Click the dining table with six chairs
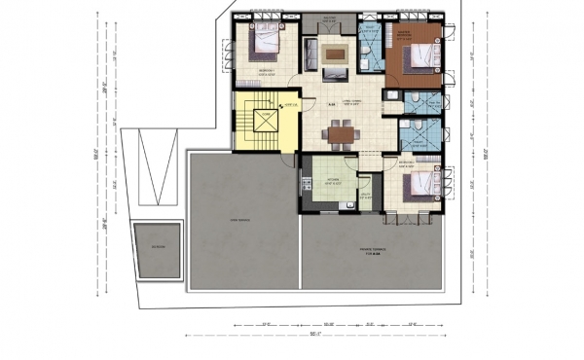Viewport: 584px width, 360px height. click(341, 134)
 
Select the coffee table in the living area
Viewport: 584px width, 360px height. click(335, 53)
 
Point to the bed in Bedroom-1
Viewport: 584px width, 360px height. click(266, 42)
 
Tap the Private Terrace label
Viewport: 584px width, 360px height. click(372, 251)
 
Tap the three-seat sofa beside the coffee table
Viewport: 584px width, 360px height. click(309, 54)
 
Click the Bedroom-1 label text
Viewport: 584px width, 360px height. click(265, 71)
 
